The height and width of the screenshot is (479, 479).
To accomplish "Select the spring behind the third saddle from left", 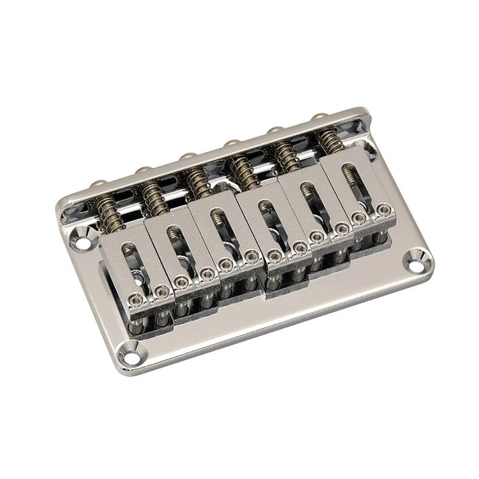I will click(x=199, y=179).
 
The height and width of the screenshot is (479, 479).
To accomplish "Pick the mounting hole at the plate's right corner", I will click(x=417, y=262).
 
